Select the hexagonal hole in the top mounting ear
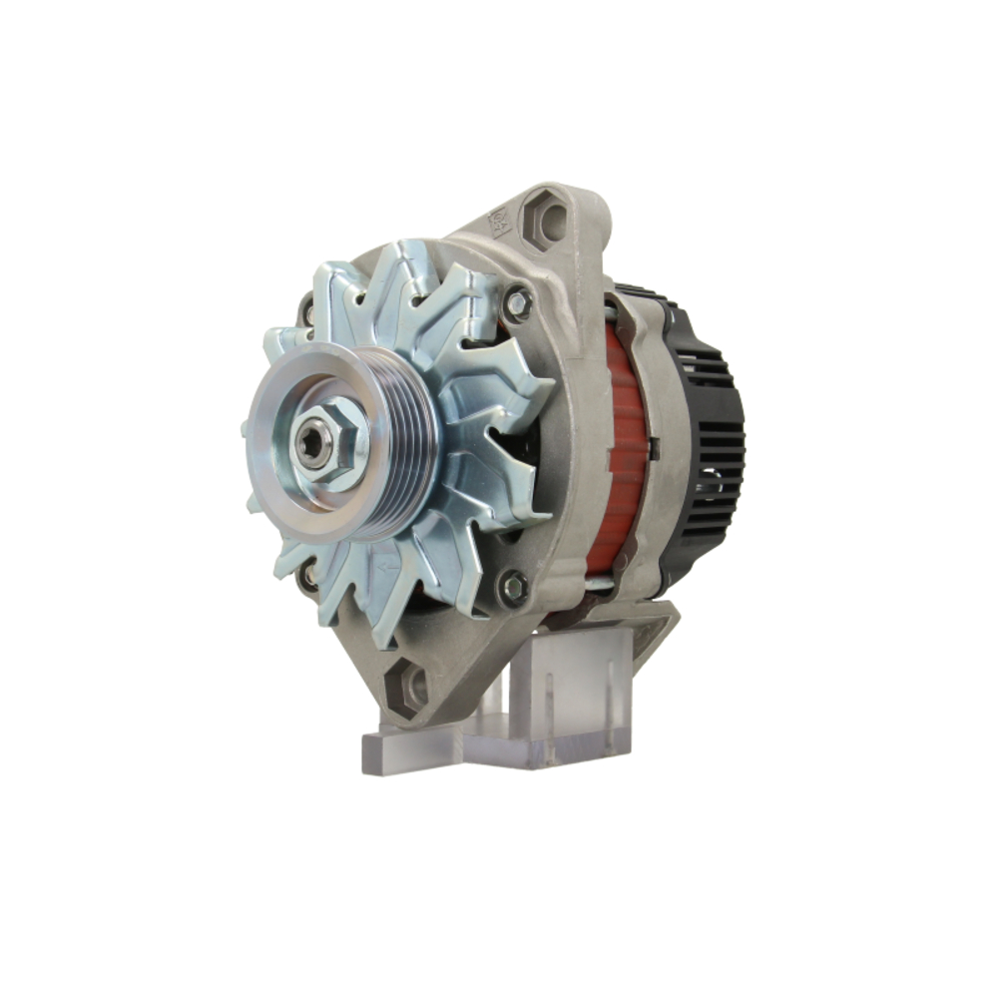pos(544,221)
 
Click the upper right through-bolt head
pos(516,303)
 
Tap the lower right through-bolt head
pos(513,587)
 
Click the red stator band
pos(624,449)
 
